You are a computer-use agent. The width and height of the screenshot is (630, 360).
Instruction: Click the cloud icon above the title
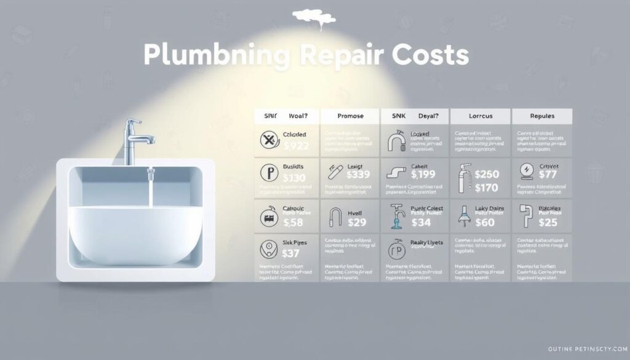tap(314, 17)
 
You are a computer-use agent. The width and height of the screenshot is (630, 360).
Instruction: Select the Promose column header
tap(342, 115)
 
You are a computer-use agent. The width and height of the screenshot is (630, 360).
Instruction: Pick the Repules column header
tap(541, 115)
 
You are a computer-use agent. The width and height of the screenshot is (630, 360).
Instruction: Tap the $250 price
tap(487, 174)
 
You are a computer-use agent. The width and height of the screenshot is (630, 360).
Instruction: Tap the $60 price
tap(484, 222)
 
